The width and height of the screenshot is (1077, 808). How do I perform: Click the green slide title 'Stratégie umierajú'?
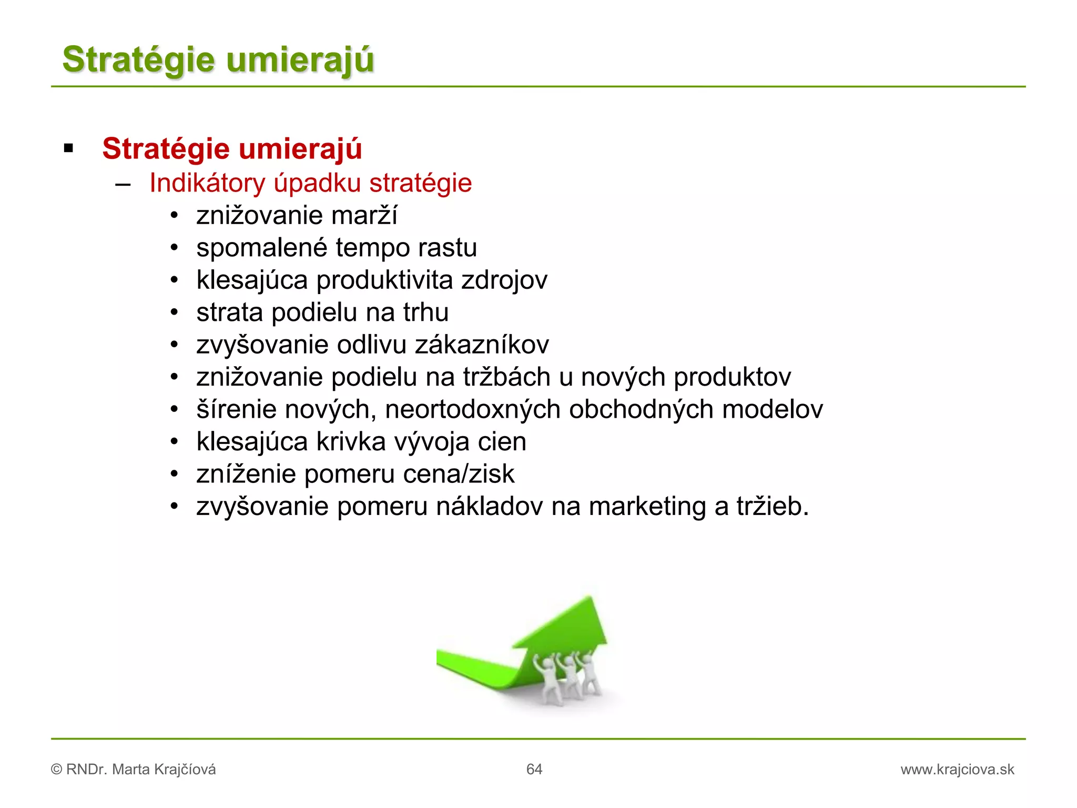click(218, 59)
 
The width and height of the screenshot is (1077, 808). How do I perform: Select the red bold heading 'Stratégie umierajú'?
click(232, 148)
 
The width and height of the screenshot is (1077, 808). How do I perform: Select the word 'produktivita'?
click(384, 280)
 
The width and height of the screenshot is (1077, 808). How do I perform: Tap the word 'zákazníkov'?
click(482, 345)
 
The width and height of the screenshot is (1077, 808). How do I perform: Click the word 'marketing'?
click(647, 507)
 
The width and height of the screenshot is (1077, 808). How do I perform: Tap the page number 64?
click(534, 770)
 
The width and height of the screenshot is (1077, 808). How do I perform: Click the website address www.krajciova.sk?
click(957, 770)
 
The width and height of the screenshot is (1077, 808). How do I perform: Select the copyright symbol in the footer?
click(56, 770)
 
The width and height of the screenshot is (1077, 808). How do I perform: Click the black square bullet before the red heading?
click(68, 149)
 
